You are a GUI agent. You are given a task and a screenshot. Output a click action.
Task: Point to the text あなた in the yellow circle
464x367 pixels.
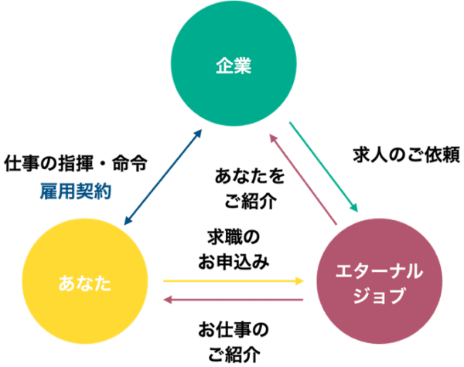[84, 284]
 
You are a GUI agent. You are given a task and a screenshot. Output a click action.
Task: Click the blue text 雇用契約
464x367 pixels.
[75, 191]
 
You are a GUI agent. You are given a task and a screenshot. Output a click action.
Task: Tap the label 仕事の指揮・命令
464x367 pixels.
[75, 164]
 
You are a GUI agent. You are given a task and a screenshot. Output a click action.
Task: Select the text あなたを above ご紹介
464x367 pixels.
[250, 177]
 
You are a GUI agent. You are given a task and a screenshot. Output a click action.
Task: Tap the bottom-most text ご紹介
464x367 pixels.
[234, 355]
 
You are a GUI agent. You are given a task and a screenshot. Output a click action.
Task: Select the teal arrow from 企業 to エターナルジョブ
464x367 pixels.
[323, 166]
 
